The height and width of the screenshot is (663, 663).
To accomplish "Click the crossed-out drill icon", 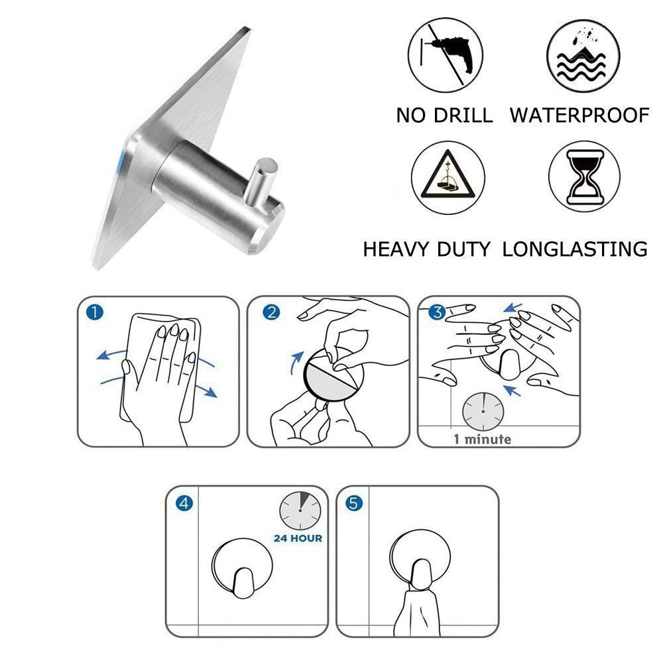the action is tap(446, 55).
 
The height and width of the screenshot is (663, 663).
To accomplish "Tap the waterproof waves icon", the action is tap(583, 56).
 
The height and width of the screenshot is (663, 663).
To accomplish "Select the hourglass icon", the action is tap(584, 176).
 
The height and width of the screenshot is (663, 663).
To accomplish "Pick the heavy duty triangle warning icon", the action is tap(448, 178).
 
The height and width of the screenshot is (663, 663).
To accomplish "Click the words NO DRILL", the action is tap(444, 115).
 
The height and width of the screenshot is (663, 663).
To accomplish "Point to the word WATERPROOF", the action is tap(579, 115).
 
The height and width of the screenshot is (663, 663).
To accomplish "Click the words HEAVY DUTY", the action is tap(426, 249).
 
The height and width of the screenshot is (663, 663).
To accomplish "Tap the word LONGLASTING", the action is tap(575, 249).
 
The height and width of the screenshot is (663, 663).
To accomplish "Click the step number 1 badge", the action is tap(94, 312).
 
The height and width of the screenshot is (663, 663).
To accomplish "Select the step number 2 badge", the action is tap(271, 312).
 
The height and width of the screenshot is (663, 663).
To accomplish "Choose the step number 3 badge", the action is tap(437, 312).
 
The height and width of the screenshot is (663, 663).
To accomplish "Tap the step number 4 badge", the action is tap(184, 503).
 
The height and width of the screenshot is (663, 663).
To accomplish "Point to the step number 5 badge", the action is tap(354, 503).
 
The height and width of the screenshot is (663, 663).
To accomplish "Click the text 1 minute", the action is tap(482, 440).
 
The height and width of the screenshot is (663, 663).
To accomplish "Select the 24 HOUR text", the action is tap(298, 538).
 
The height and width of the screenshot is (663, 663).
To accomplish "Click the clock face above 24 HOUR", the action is tap(300, 511).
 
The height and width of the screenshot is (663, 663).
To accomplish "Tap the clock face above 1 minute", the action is tap(483, 412).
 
